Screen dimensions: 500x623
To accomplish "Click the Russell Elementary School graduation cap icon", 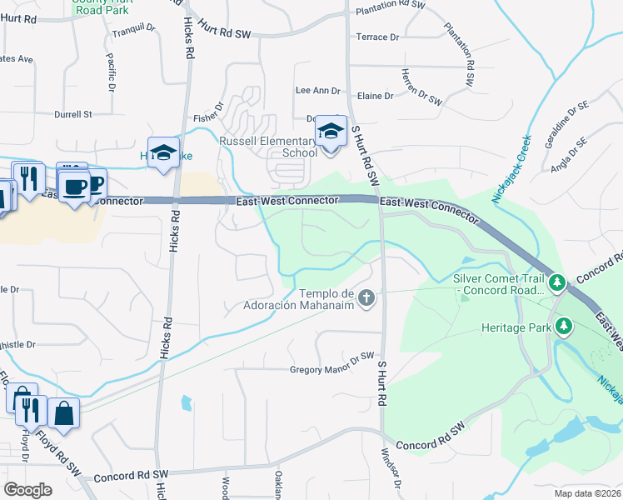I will click(331, 132).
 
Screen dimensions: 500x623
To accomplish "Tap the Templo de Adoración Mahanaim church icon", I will click(366, 296).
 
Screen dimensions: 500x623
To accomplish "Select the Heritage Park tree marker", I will click(564, 327).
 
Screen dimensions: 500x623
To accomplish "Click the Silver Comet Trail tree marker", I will click(558, 283).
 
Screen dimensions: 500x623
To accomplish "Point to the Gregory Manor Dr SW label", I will click(332, 369).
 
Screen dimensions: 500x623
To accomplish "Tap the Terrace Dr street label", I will click(377, 37).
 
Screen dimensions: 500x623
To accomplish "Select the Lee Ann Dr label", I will click(318, 91).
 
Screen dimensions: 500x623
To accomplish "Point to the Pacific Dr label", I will click(111, 72).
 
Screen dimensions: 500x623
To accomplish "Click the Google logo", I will click(27, 489).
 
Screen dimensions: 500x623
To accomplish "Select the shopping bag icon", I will click(63, 412).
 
